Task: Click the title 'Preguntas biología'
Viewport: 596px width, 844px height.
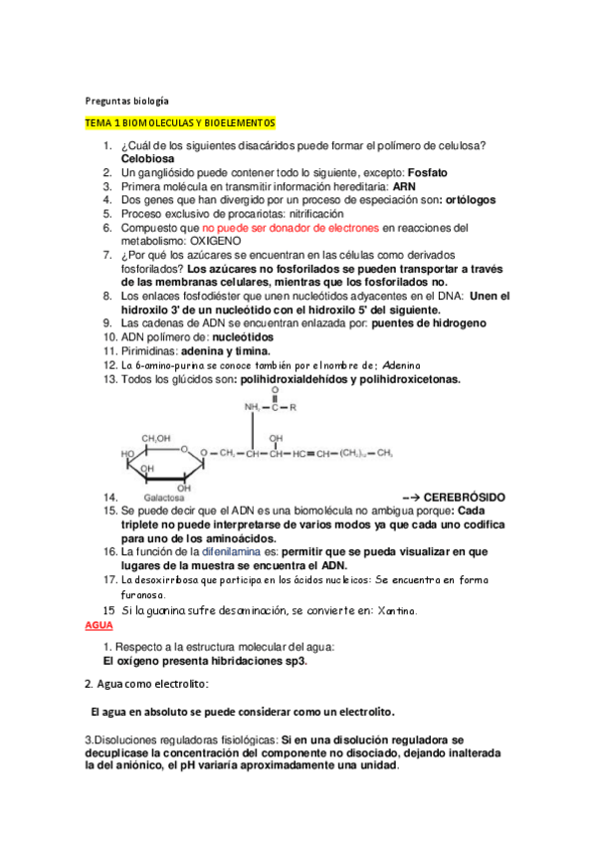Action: (124, 101)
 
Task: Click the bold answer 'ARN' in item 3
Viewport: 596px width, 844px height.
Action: (404, 186)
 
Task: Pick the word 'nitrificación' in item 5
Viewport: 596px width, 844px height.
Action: (310, 214)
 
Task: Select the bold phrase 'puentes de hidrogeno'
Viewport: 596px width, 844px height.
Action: (421, 323)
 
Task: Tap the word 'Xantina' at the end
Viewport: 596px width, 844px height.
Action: (388, 610)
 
